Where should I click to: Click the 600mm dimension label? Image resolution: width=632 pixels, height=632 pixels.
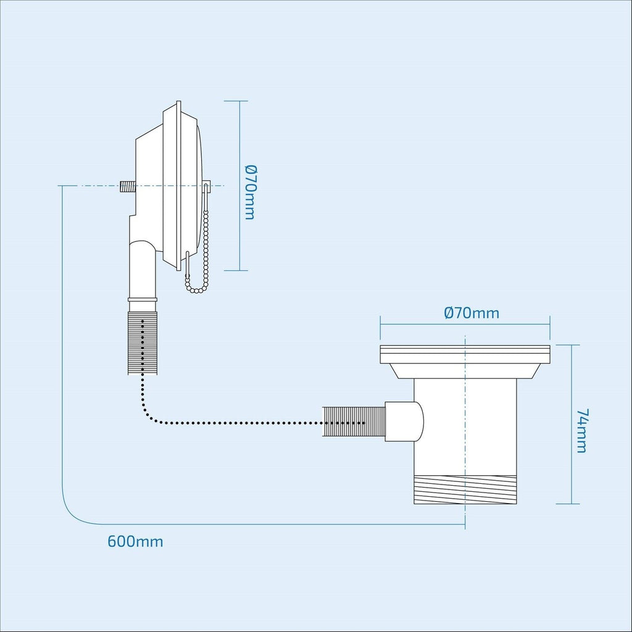click(135, 542)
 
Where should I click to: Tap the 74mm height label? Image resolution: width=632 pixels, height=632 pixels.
click(581, 430)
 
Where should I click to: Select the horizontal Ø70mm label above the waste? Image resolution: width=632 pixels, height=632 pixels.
click(472, 313)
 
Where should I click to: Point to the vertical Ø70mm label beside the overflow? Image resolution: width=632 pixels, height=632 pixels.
click(249, 192)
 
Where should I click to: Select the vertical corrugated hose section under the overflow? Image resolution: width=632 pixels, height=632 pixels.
click(142, 342)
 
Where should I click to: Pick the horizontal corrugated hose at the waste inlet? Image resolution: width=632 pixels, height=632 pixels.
click(352, 423)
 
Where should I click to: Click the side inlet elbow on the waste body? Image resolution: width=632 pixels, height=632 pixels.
click(405, 421)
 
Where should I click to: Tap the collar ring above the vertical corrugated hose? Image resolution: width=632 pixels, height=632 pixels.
click(142, 299)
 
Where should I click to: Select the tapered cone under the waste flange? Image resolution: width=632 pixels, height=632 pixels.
click(465, 370)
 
